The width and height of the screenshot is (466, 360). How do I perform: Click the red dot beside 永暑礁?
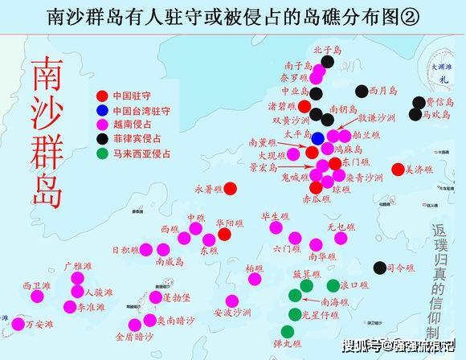point(230,189)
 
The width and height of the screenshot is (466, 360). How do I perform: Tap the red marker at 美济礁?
point(398,169)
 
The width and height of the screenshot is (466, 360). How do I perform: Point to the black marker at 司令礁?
point(379,268)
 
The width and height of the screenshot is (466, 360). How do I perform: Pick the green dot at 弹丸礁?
point(288,330)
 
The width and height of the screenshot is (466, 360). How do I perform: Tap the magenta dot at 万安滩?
point(18,324)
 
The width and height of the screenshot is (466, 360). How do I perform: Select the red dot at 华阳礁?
point(224,233)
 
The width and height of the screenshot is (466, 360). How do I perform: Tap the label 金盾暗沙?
point(133,337)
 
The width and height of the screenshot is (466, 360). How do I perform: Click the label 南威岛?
point(170,260)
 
